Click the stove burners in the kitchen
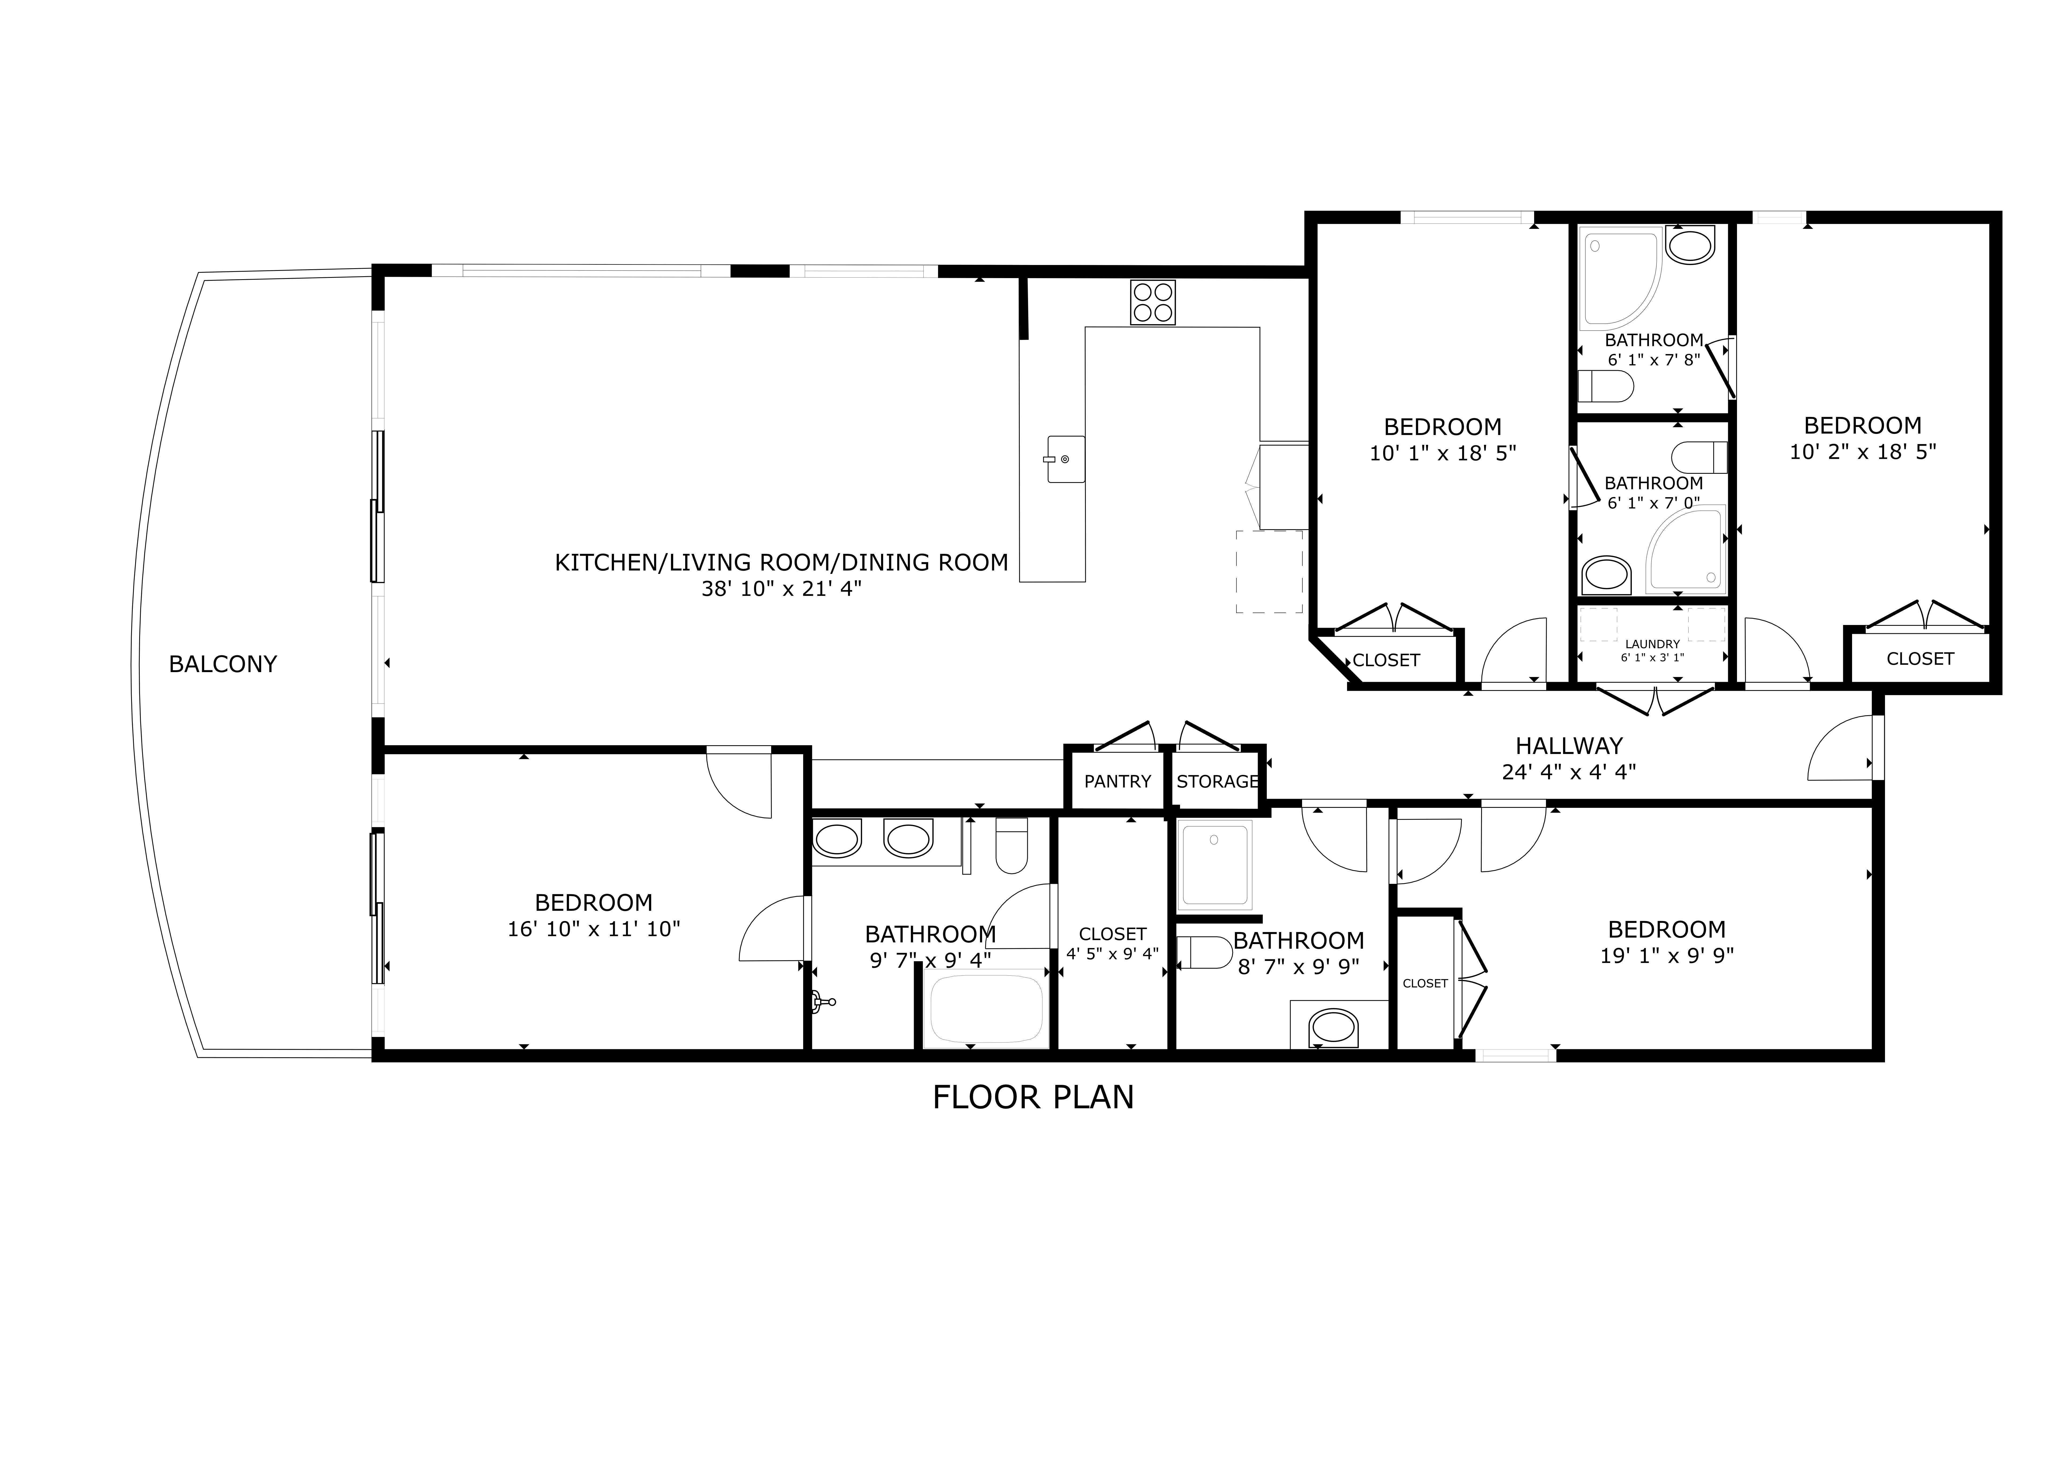click(1153, 302)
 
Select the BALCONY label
click(223, 664)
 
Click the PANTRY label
click(1117, 781)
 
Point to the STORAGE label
click(1217, 781)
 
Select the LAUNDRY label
click(1653, 644)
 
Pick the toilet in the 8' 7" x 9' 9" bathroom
click(1205, 952)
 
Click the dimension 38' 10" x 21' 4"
click(782, 589)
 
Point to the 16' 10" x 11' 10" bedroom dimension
click(594, 929)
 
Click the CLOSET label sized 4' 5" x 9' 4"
click(1113, 934)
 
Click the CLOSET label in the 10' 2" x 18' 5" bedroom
click(1920, 659)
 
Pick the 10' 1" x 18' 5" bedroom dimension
click(1443, 453)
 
